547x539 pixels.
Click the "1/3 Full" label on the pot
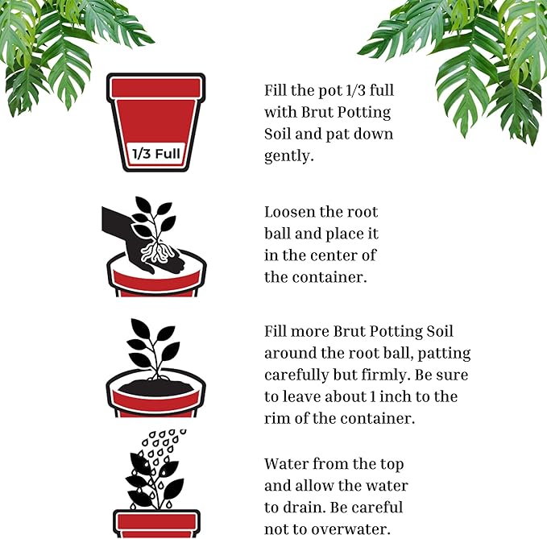click(x=155, y=151)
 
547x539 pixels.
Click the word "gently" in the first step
click(x=288, y=156)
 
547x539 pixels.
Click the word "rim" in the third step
click(x=278, y=419)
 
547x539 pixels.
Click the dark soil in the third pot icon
click(x=155, y=389)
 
